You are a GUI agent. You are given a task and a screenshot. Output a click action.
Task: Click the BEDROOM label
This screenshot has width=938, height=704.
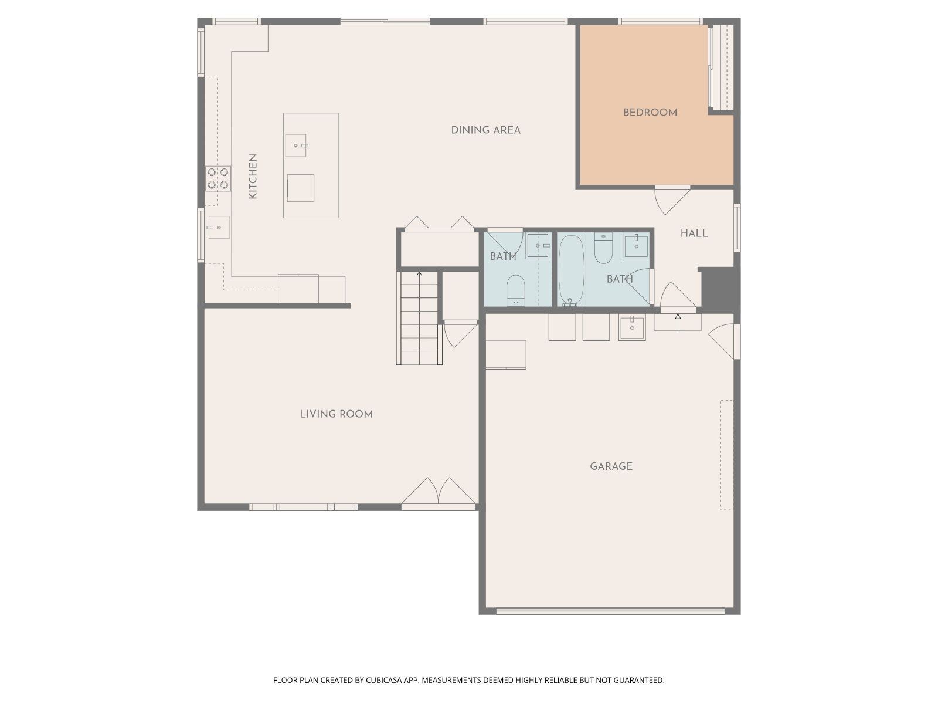pos(650,113)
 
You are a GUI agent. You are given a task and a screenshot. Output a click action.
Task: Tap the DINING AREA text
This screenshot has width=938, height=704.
pos(485,130)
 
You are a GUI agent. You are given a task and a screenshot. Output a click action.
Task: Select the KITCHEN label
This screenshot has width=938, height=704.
pos(253,176)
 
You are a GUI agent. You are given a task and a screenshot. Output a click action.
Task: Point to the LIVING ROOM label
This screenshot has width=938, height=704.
pos(336,414)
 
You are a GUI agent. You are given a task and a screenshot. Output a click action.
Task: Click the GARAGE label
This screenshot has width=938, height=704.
pos(611,466)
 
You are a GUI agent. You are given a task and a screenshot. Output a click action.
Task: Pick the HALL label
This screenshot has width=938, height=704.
pos(694,233)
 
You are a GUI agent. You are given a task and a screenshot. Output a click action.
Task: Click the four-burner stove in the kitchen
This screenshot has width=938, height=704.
pos(218,178)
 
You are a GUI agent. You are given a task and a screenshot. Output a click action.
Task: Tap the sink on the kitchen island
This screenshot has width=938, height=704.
pos(295,145)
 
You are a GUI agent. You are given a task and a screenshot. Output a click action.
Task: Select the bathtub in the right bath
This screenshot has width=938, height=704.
pos(572,270)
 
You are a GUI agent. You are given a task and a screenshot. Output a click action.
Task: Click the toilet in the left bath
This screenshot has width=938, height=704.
pos(516,290)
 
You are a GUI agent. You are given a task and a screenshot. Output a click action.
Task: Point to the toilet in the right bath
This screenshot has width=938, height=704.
pos(603,248)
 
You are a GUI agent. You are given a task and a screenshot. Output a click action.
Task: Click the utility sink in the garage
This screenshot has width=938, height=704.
pos(632,328)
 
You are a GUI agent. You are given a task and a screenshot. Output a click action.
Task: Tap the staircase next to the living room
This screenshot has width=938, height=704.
pos(419,318)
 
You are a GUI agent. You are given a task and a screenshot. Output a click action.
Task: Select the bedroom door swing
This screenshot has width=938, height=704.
pos(672,199)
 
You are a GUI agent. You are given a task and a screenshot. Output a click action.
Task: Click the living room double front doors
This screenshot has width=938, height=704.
pos(439,494)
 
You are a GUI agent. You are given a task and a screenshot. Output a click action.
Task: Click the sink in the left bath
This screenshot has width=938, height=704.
pos(538,245)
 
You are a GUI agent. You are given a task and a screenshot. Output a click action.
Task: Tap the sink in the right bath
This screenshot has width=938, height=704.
pos(636,245)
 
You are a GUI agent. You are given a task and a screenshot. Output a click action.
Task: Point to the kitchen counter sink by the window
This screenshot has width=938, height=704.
pos(218,228)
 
